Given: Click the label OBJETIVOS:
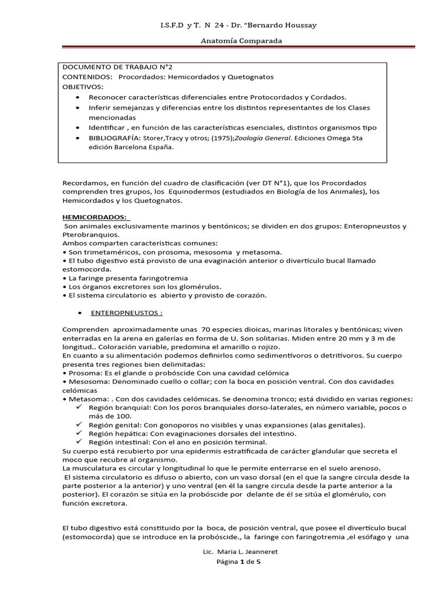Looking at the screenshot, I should [x=82, y=86].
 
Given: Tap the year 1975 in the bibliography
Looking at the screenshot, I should [x=204, y=138].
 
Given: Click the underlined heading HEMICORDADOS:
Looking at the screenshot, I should [x=94, y=217].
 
